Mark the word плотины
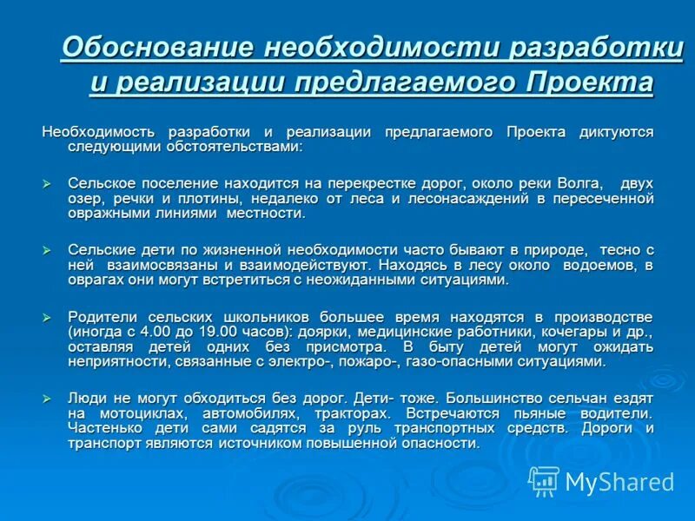point(202,198)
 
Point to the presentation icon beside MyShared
point(545,480)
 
